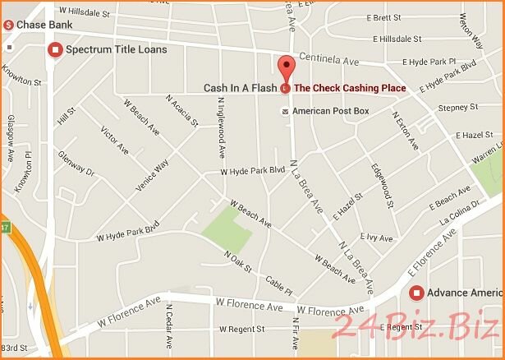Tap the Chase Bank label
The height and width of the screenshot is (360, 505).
38,25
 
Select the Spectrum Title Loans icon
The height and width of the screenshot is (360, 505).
56,50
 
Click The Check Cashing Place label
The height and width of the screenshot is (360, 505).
350,88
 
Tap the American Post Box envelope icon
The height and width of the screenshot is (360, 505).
285,111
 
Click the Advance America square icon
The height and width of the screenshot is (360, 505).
416,293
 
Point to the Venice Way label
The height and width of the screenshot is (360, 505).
152,174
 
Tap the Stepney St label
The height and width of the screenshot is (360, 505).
457,108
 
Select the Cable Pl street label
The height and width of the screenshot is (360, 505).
278,285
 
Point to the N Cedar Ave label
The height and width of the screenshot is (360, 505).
168,328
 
